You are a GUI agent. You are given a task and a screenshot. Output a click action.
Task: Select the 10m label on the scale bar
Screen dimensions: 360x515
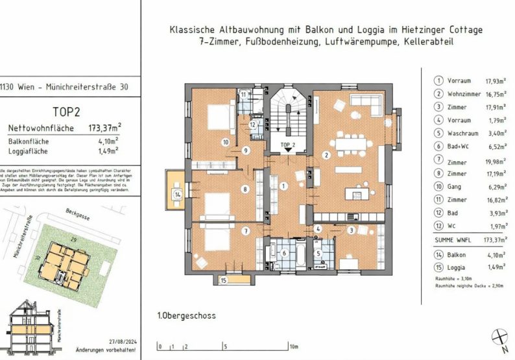(x=294, y=346)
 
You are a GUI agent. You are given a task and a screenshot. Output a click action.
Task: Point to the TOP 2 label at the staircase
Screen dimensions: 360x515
(x=287, y=145)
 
